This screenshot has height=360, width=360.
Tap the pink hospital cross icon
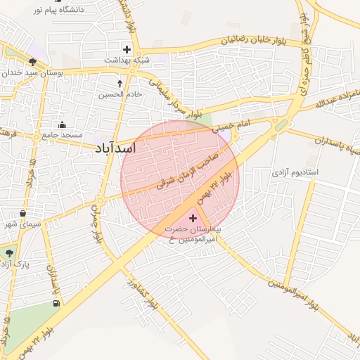[193, 218]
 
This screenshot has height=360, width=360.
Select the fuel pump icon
[56, 303]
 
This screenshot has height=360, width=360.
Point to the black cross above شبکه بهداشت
[127, 49]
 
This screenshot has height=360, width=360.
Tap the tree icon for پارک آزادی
[9, 252]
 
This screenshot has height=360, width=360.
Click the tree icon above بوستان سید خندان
[32, 62]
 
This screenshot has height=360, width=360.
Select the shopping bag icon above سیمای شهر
[23, 213]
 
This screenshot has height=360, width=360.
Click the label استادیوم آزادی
[295, 172]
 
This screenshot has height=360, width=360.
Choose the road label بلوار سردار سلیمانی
[175, 98]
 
